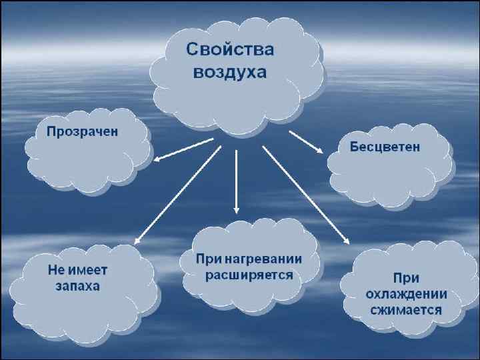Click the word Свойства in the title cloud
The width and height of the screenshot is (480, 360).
coord(230,50)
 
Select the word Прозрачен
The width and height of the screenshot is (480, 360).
coord(82,131)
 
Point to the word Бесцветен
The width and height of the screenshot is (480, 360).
coord(385,147)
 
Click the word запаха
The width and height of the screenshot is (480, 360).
coord(77,287)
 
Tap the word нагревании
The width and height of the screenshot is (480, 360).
coord(268,259)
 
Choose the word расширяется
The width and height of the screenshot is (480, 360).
coord(249,275)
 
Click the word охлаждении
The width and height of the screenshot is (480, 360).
coord(406,294)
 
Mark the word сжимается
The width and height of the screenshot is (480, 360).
coord(406,310)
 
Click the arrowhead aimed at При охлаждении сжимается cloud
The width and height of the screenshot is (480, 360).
coord(346,241)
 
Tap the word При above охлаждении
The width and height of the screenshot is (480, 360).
coord(405,278)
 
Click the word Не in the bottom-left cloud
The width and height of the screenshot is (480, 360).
coord(56,271)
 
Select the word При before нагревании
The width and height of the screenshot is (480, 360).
coord(208,259)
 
